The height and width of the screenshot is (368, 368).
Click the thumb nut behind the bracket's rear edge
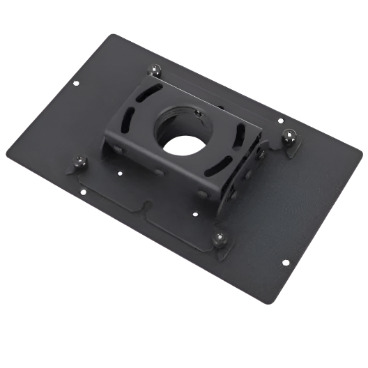(155, 70)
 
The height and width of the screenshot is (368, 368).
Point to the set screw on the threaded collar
(197, 112)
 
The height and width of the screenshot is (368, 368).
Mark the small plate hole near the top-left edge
(75, 83)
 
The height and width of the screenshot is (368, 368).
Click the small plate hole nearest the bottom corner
(285, 263)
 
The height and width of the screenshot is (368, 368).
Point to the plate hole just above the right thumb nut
(281, 120)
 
